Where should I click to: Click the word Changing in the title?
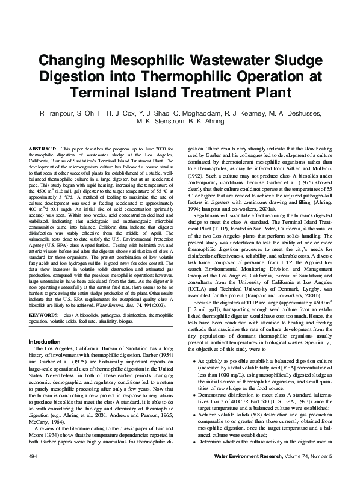click(x=74, y=61)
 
